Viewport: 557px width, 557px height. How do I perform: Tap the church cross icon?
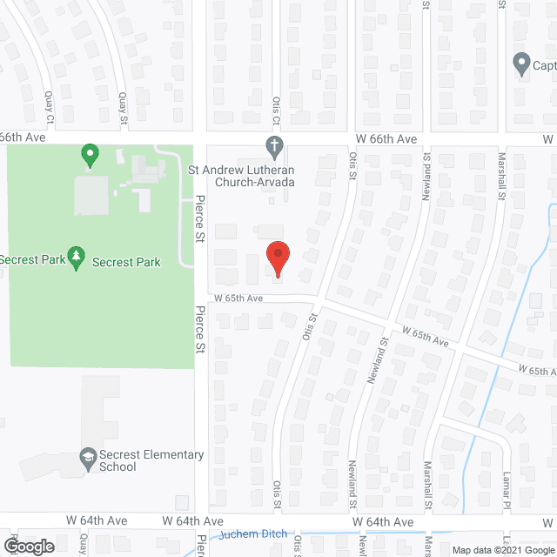click(273, 144)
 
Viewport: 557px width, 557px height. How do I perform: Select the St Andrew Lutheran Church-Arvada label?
click(242, 176)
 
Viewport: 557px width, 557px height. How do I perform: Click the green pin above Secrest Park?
click(88, 157)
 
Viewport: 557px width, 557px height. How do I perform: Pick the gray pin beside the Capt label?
click(521, 64)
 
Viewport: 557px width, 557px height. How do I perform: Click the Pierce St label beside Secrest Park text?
click(199, 218)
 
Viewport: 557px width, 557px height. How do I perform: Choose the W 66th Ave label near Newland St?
click(386, 139)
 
